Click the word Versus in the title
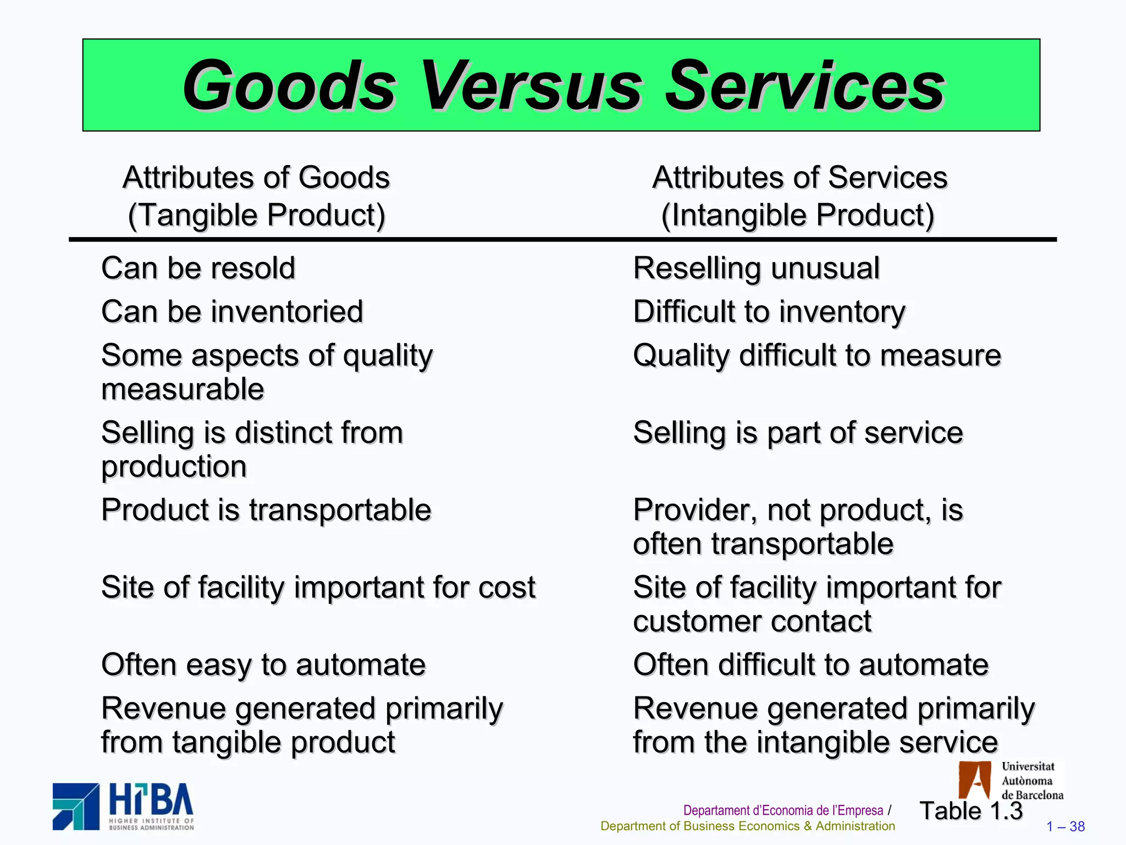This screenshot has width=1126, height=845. point(531,86)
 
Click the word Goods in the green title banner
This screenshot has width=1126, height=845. point(289,86)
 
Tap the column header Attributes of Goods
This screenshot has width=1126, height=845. point(256,178)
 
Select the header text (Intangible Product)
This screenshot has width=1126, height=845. point(798,215)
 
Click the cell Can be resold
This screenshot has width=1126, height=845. point(198,268)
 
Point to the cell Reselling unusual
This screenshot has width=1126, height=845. point(756,268)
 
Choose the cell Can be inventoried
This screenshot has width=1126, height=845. point(232,312)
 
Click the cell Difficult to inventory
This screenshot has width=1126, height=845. point(769,312)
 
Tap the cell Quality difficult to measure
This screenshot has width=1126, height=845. point(817,355)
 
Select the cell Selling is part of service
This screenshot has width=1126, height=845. point(798,432)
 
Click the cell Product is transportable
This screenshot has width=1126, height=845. point(266,510)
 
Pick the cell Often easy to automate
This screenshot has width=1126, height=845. point(263,665)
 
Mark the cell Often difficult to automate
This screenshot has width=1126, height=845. point(810,665)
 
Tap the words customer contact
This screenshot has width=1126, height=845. point(752,622)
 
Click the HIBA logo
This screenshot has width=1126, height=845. point(123,806)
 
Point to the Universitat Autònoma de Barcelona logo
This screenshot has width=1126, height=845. point(1011,780)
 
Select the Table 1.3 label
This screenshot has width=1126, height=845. point(971,811)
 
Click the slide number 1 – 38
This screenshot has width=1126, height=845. point(1065,826)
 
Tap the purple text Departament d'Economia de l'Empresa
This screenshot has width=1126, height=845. point(783,810)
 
